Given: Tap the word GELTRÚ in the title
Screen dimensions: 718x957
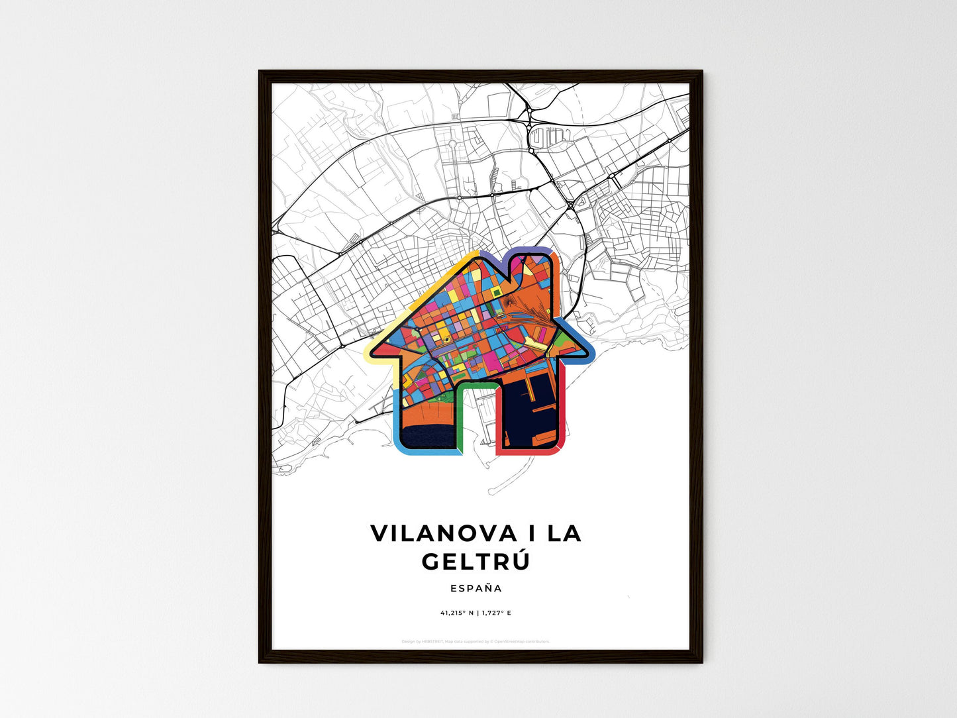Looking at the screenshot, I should tap(476, 562).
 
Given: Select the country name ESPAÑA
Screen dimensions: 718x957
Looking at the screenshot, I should tap(476, 588).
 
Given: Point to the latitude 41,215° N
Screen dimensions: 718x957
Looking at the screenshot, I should tap(456, 613).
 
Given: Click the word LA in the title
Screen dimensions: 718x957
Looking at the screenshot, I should tap(564, 534).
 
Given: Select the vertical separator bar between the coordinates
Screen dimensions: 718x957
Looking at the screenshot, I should tap(476, 613).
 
